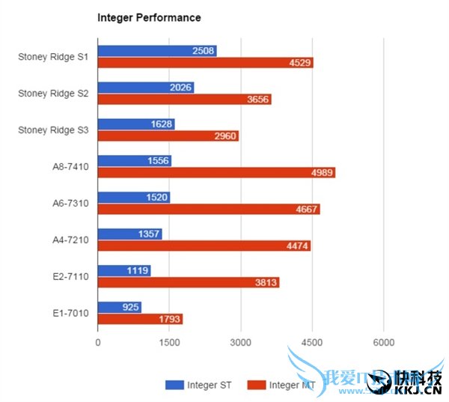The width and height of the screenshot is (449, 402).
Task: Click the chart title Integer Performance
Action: pyautogui.click(x=149, y=16)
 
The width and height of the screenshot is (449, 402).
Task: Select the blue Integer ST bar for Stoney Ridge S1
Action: pyautogui.click(x=157, y=51)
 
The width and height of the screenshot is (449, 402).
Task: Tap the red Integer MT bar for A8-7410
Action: pyautogui.click(x=216, y=173)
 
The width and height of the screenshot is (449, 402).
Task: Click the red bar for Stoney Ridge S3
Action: pyautogui.click(x=168, y=136)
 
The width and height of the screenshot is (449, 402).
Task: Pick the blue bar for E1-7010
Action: pyautogui.click(x=120, y=307)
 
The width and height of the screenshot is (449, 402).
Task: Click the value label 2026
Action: pyautogui.click(x=181, y=88)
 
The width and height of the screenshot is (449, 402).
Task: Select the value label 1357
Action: pyautogui.click(x=150, y=234)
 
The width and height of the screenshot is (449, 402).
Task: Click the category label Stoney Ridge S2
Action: pyautogui.click(x=53, y=94)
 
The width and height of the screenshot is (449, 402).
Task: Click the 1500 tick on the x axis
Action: pyautogui.click(x=169, y=342)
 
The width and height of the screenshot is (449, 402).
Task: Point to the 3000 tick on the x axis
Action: pyautogui.click(x=240, y=342)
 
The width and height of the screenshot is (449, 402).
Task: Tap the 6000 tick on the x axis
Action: pyautogui.click(x=383, y=342)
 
